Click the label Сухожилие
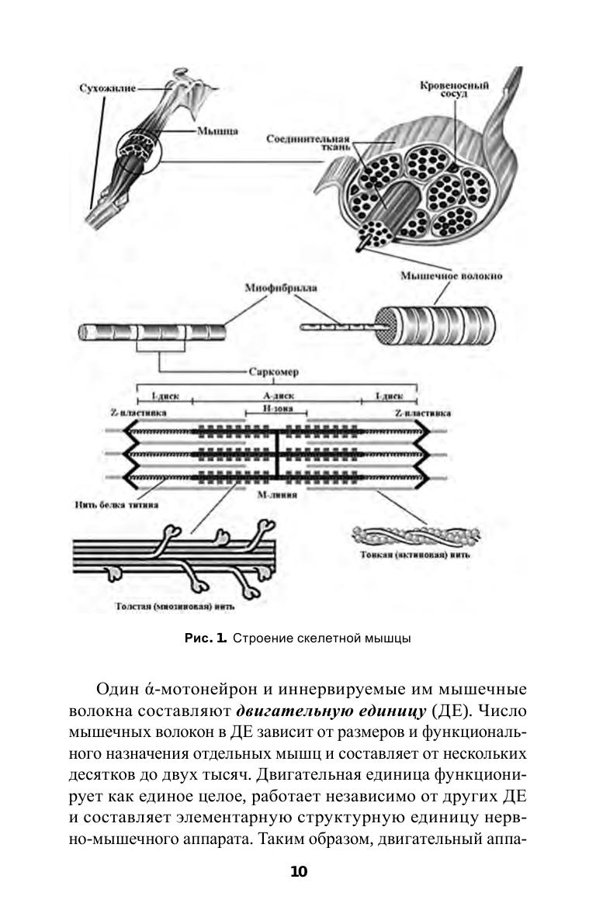point(107,88)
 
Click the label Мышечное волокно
point(442,276)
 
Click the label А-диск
point(276,395)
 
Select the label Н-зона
point(277,408)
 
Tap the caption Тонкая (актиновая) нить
point(414,555)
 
